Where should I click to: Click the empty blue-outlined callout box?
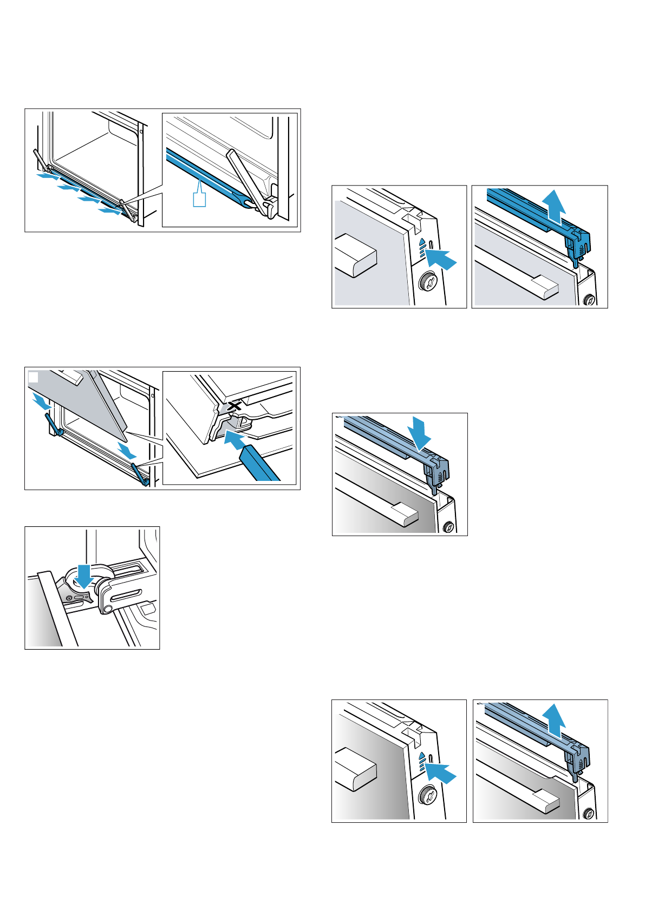tap(199, 199)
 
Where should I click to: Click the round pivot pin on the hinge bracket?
tap(107, 609)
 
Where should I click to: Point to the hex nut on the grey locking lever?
tap(70, 598)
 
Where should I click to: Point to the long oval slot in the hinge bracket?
tap(128, 596)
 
